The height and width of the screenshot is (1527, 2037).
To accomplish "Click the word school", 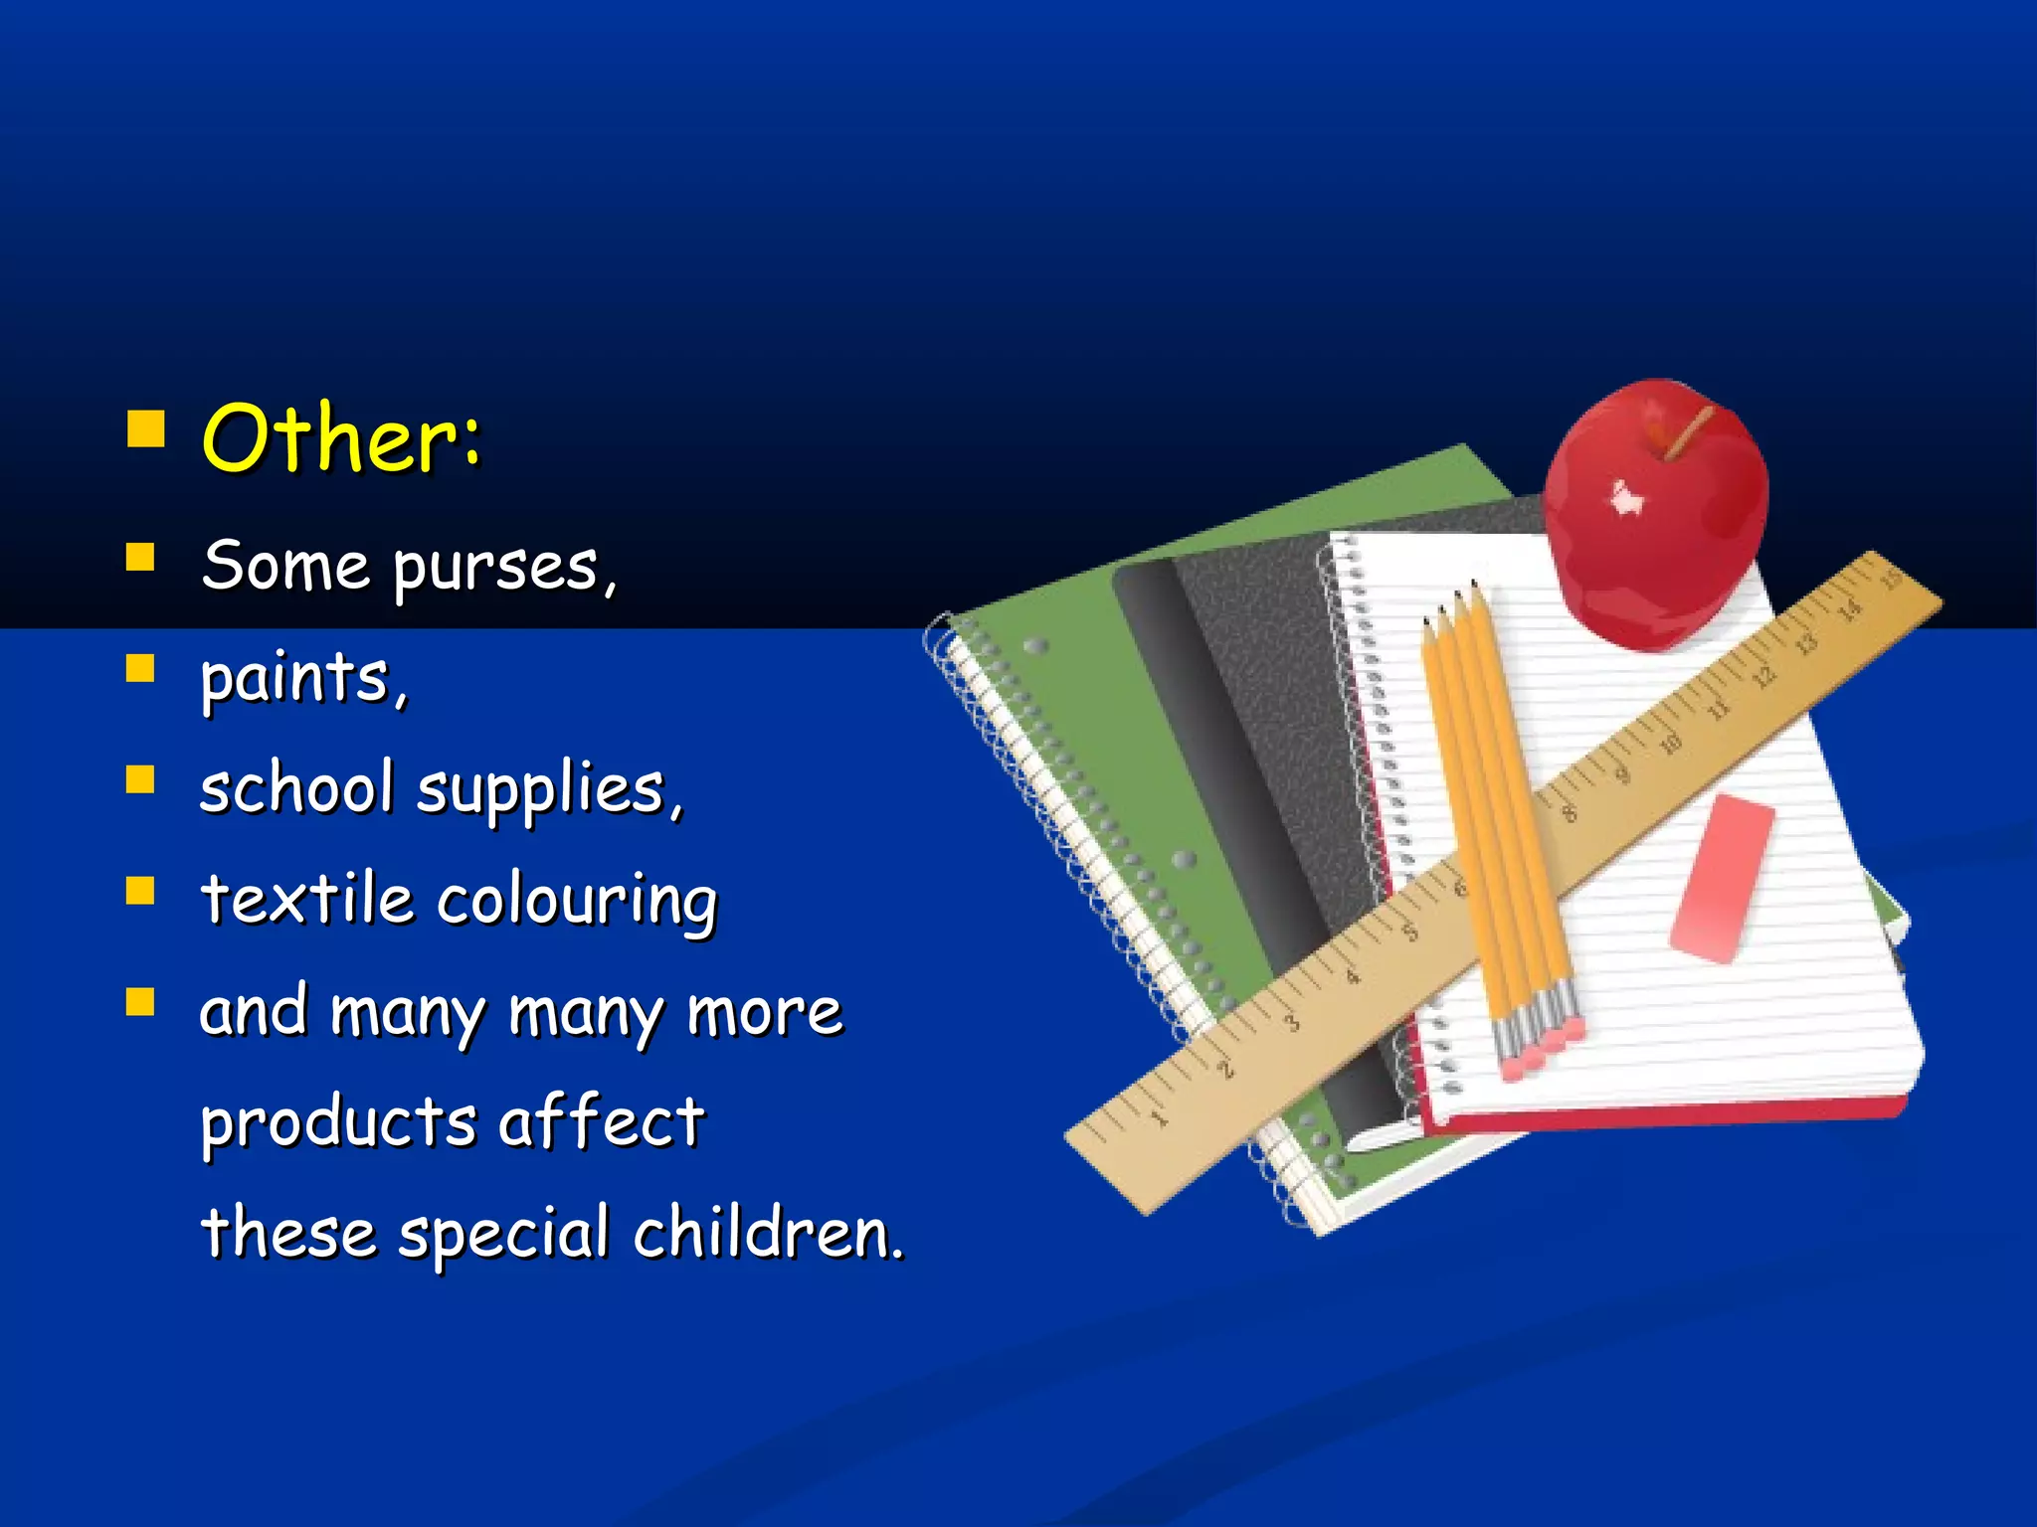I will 296,788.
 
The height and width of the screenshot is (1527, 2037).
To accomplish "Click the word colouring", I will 577,902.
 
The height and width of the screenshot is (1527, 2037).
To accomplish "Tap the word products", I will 338,1124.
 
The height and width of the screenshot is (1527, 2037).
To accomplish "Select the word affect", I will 601,1120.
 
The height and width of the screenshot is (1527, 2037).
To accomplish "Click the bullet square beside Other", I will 146,430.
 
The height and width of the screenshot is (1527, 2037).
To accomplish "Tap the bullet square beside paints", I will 141,669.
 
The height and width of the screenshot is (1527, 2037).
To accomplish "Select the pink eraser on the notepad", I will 1722,878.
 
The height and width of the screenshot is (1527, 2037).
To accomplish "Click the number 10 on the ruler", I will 1671,744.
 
